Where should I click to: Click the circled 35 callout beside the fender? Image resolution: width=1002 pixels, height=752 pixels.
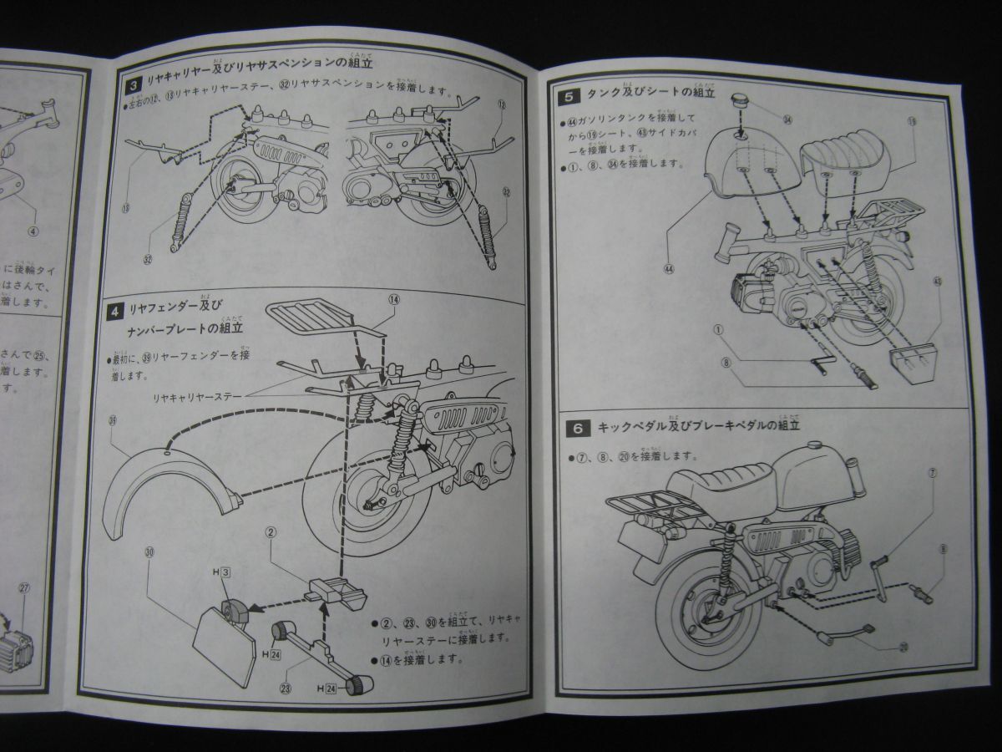point(113,422)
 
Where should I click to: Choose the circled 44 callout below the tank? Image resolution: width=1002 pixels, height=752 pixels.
point(668,269)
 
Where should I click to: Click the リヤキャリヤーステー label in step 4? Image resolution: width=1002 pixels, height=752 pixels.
point(201,399)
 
